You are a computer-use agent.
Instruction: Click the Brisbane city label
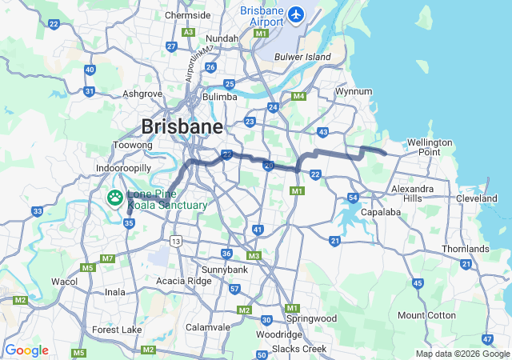[182, 126]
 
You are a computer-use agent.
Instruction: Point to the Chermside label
[187, 15]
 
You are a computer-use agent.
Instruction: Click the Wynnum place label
[354, 91]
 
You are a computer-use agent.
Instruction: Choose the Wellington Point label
[430, 146]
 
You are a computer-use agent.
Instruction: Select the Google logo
[26, 350]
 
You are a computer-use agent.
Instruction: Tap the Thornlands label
[465, 249]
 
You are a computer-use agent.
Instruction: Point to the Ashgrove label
[143, 94]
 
